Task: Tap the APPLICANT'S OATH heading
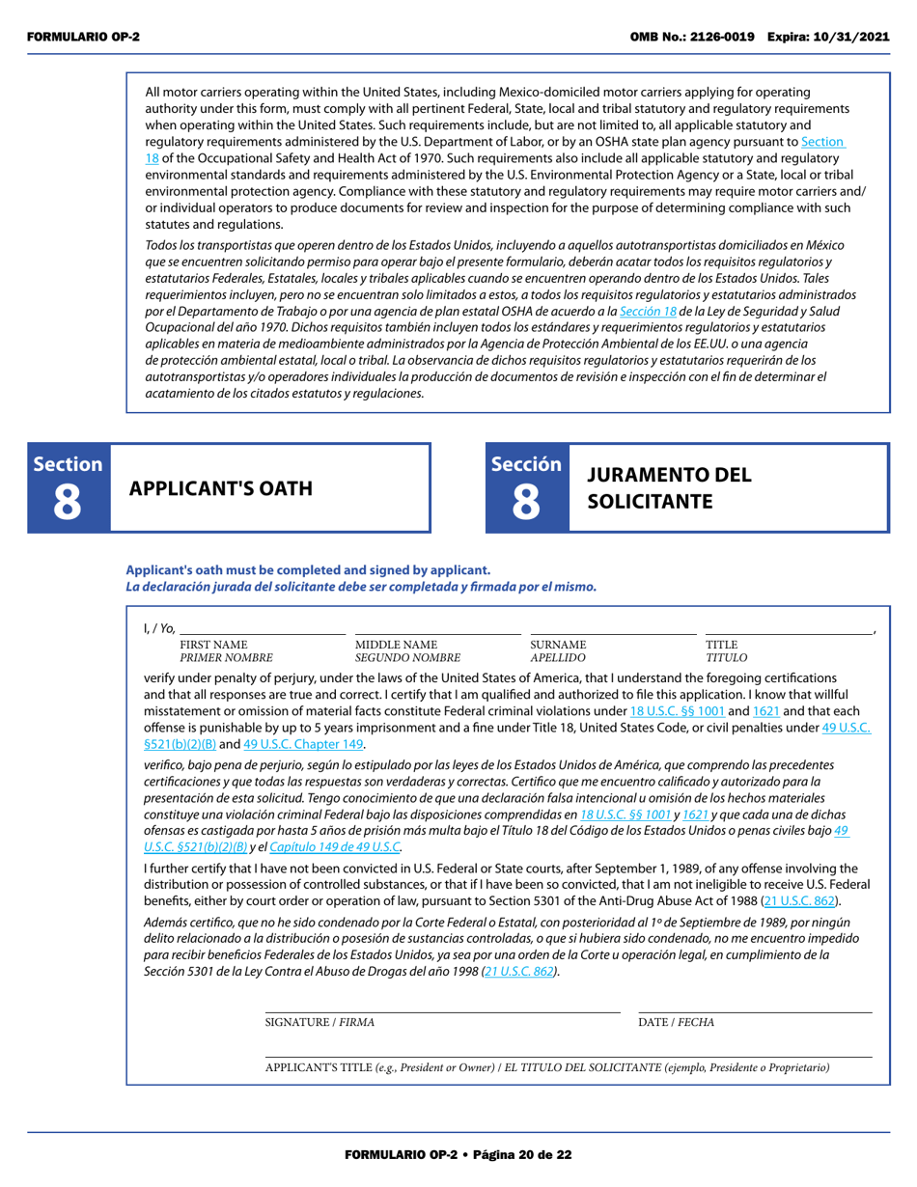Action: (221, 488)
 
